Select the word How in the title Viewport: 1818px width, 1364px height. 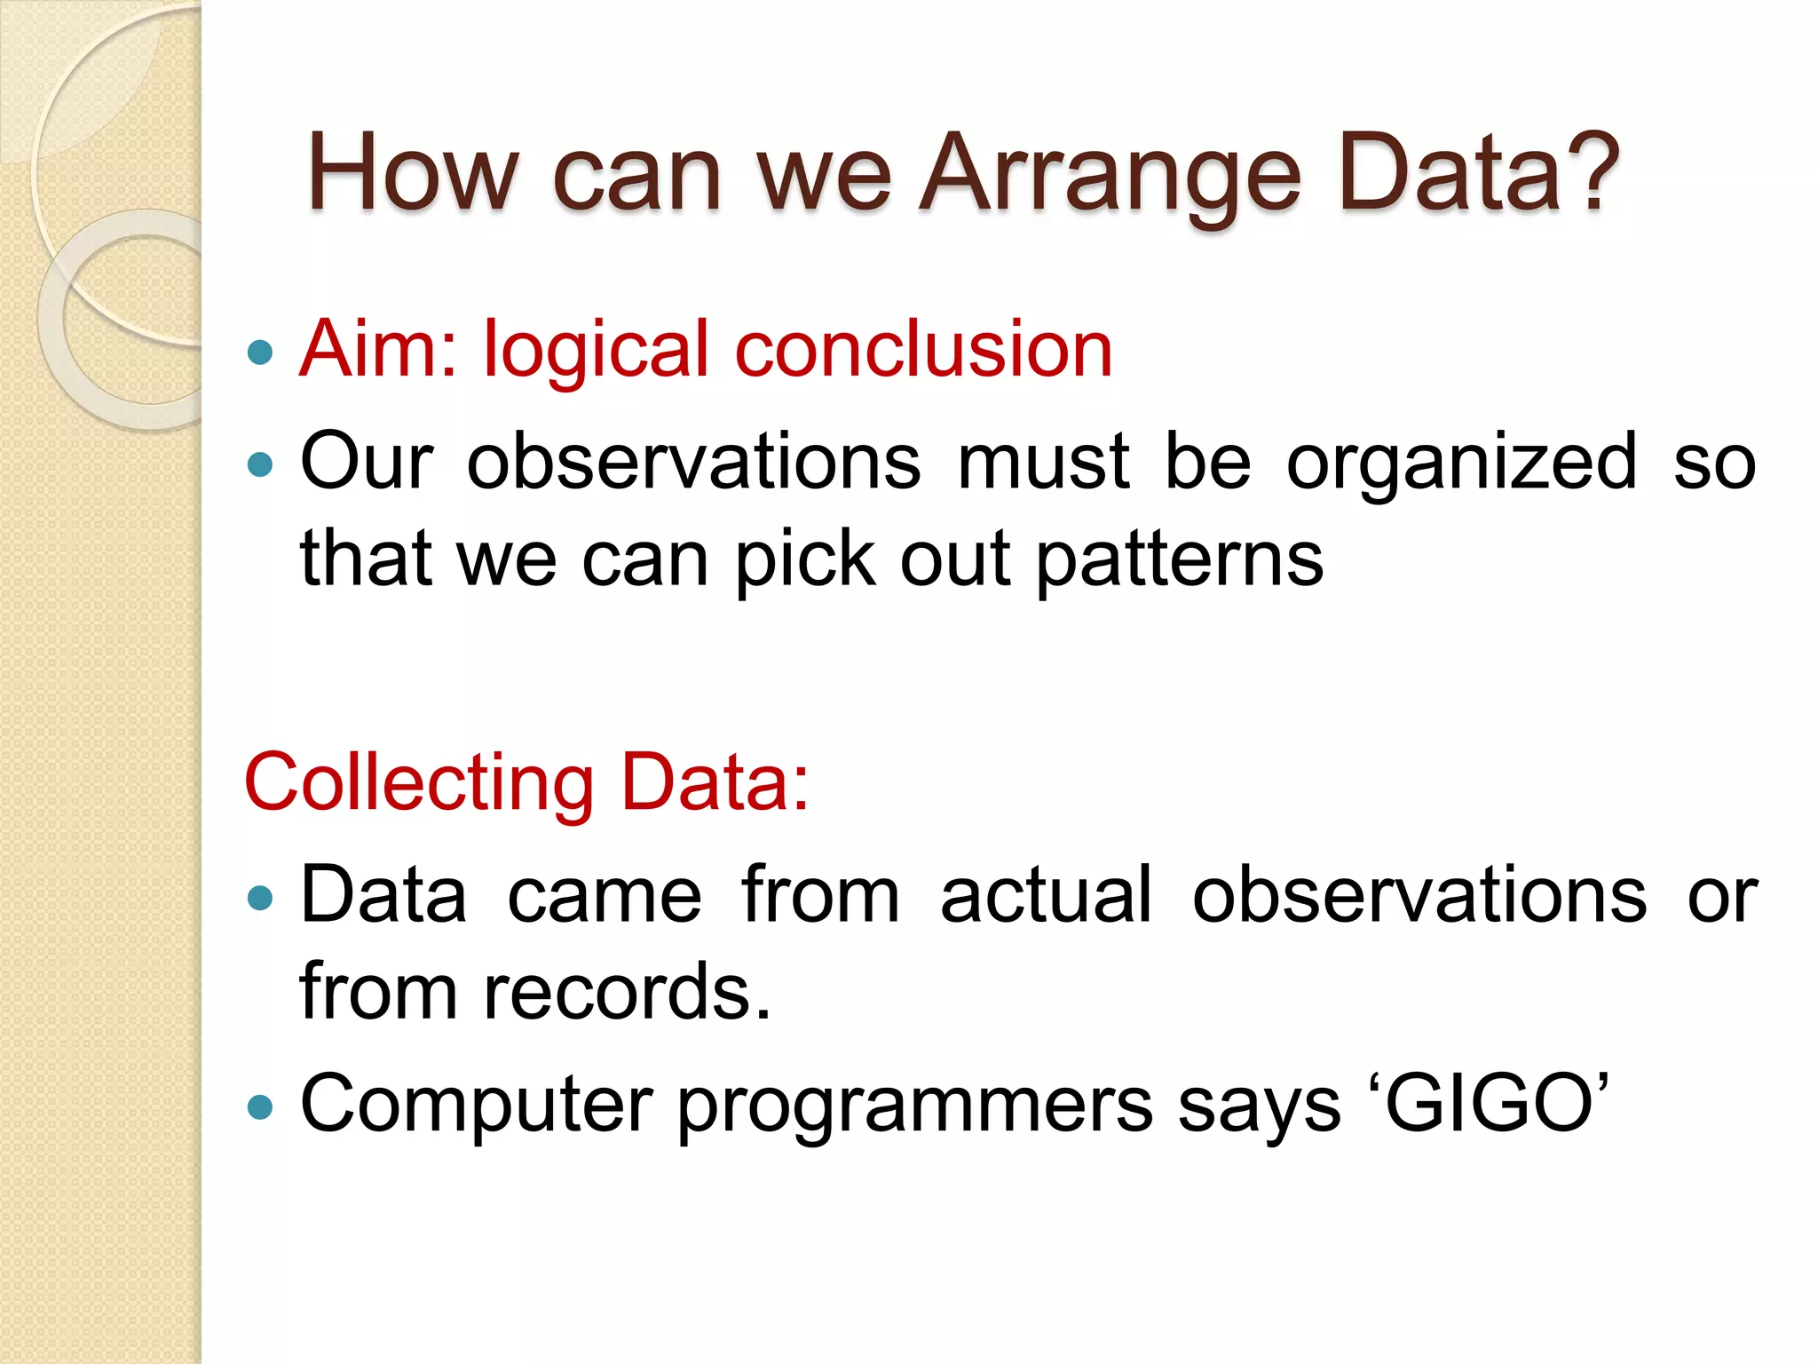[x=412, y=173]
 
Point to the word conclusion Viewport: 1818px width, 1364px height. [x=923, y=349]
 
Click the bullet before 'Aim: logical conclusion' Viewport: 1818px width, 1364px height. [x=260, y=353]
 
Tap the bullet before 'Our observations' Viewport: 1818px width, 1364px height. [x=260, y=464]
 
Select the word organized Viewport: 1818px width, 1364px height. [x=1461, y=462]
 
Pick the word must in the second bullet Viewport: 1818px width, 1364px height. [x=1044, y=462]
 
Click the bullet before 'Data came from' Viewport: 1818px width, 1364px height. [x=260, y=898]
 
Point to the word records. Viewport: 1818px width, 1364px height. [x=626, y=992]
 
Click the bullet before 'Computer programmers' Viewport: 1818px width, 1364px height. [x=260, y=1107]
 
